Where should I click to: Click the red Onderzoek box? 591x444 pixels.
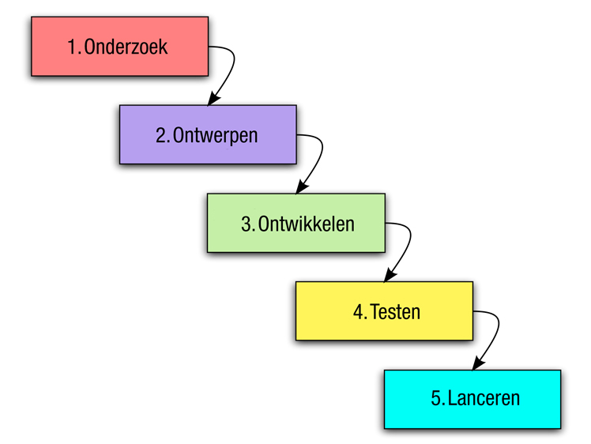(x=120, y=47)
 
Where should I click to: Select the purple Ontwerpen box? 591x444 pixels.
(x=208, y=134)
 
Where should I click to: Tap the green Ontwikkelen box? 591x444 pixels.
(x=296, y=223)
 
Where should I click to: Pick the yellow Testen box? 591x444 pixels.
(x=385, y=311)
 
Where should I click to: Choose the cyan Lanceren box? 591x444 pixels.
(x=472, y=399)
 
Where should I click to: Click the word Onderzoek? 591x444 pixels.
(x=126, y=47)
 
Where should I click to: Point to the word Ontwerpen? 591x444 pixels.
(x=215, y=136)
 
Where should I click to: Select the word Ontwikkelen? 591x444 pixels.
(x=307, y=224)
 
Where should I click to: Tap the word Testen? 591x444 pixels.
(x=395, y=312)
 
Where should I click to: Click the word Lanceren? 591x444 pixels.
(x=484, y=398)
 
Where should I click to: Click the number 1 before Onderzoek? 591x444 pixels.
(x=73, y=47)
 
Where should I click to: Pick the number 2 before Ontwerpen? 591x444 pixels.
(x=161, y=136)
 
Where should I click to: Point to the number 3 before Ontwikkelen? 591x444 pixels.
(x=247, y=224)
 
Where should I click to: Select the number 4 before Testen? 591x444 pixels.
(x=358, y=312)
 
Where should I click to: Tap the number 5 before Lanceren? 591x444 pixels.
(x=436, y=399)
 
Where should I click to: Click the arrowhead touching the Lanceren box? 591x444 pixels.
(x=477, y=364)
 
